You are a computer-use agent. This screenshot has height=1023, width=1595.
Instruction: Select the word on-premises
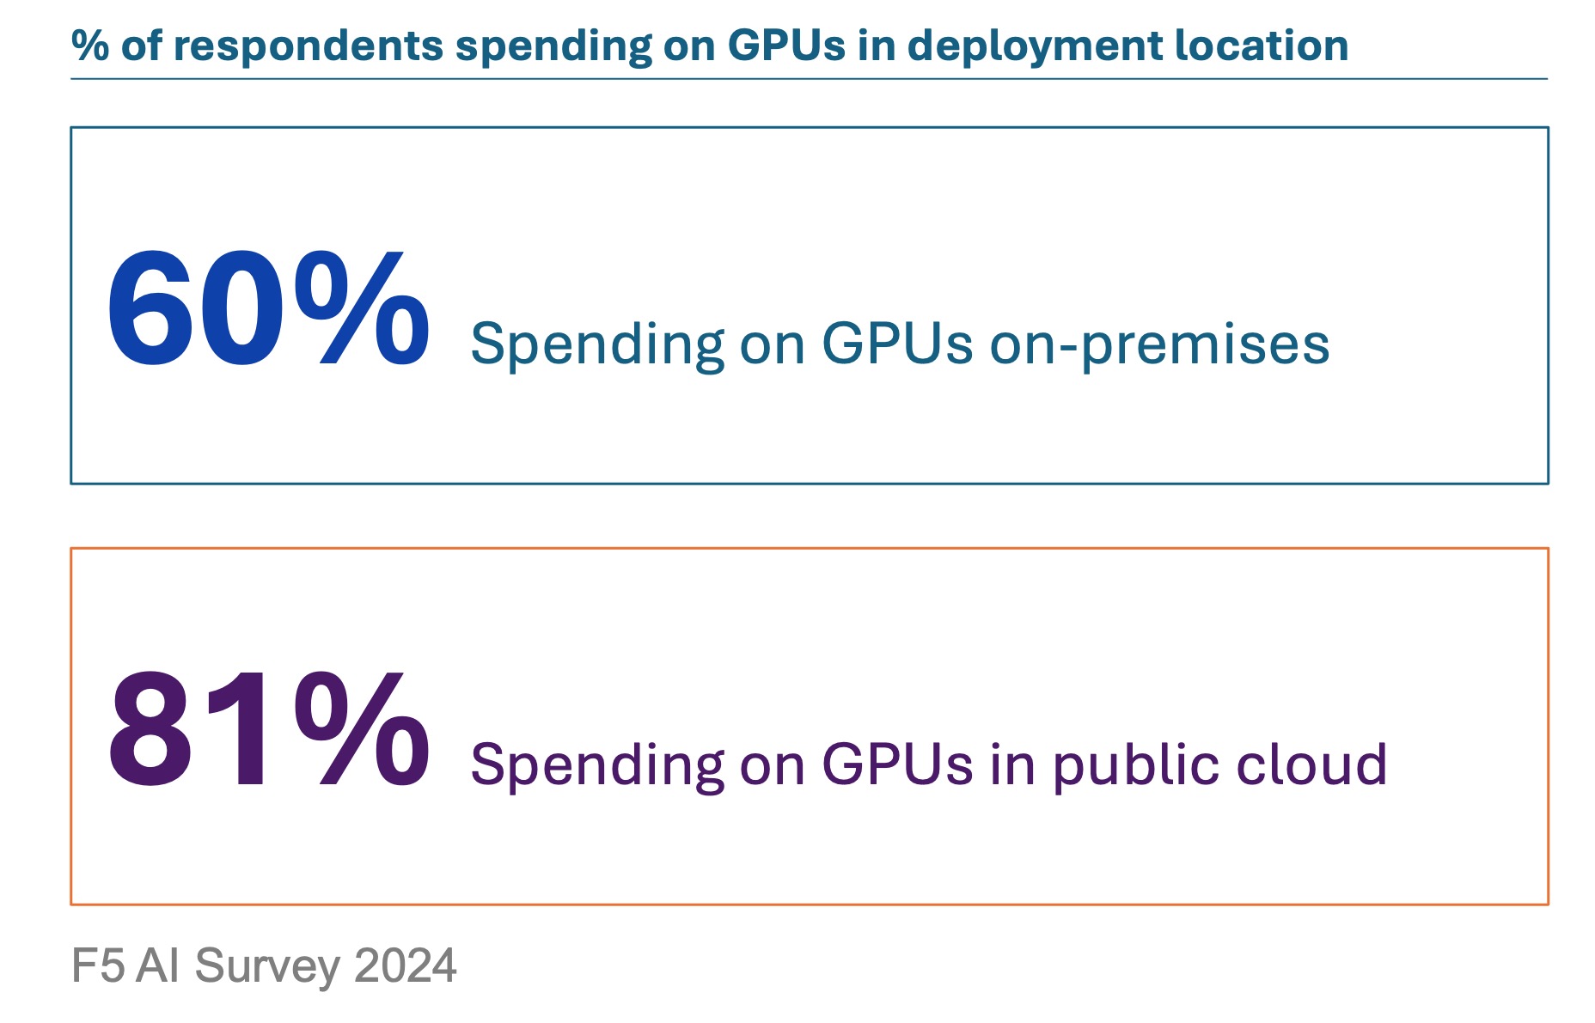tap(1159, 344)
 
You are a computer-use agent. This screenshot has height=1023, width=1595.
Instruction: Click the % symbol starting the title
tap(89, 46)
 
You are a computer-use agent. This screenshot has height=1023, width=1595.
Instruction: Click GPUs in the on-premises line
tap(897, 344)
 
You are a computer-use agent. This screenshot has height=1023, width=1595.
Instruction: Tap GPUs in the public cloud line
tap(897, 764)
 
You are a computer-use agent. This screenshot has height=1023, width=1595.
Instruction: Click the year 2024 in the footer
tap(405, 965)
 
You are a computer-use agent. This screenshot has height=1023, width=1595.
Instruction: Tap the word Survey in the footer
tap(267, 967)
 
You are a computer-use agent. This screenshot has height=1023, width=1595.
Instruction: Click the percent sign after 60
tap(361, 309)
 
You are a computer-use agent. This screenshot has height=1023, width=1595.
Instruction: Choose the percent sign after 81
tap(361, 730)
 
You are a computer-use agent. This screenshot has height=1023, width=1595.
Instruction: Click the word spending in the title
tap(553, 48)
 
